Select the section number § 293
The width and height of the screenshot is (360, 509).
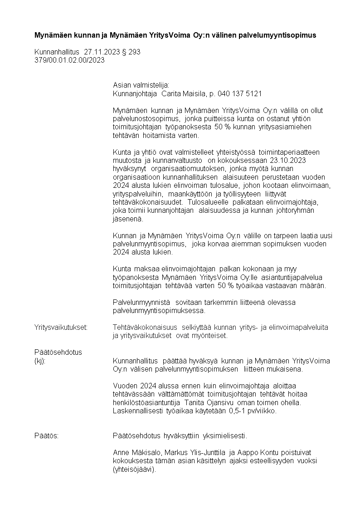pyautogui.click(x=131, y=52)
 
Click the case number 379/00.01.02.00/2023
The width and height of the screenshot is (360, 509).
pyautogui.click(x=69, y=60)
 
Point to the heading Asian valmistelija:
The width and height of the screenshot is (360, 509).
pyautogui.click(x=141, y=85)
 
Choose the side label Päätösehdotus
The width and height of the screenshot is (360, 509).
pyautogui.click(x=58, y=352)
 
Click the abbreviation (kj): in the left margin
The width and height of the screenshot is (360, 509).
pyautogui.click(x=40, y=361)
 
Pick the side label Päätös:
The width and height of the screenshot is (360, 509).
pyautogui.click(x=47, y=436)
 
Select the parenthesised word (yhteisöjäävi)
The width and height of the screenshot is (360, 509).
pyautogui.click(x=134, y=470)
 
